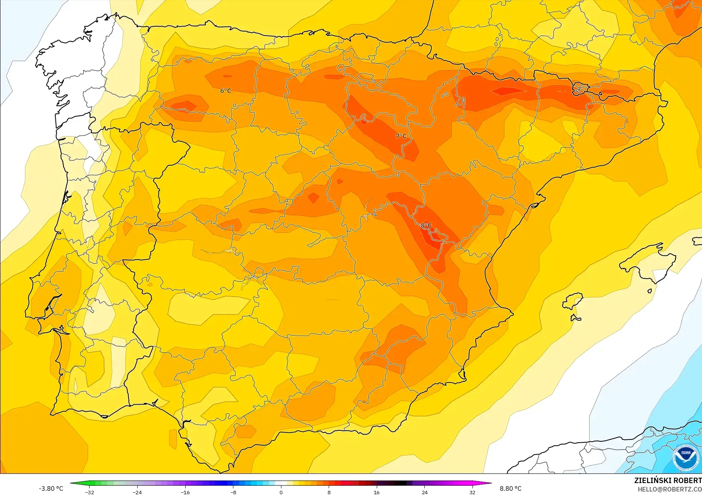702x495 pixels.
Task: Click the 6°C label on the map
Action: point(226,91)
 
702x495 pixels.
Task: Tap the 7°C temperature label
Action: point(401,136)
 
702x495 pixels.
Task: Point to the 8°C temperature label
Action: point(426,225)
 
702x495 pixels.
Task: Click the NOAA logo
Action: point(686,457)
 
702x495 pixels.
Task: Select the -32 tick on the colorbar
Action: point(90,492)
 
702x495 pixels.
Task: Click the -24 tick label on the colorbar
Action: point(137,492)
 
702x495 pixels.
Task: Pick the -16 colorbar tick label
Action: point(185,492)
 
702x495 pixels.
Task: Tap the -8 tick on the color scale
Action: point(233,492)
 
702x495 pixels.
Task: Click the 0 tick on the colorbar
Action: point(281,492)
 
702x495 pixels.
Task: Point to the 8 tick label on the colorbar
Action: point(329,492)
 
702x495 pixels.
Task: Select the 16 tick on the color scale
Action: point(377,492)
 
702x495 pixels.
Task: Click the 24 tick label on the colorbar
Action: point(424,492)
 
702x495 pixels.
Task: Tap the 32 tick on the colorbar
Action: point(472,492)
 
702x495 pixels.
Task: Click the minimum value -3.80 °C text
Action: point(51,488)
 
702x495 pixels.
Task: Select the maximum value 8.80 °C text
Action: point(511,488)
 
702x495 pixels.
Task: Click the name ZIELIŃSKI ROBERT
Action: point(668,480)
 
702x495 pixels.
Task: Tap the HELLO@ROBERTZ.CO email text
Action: point(669,489)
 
